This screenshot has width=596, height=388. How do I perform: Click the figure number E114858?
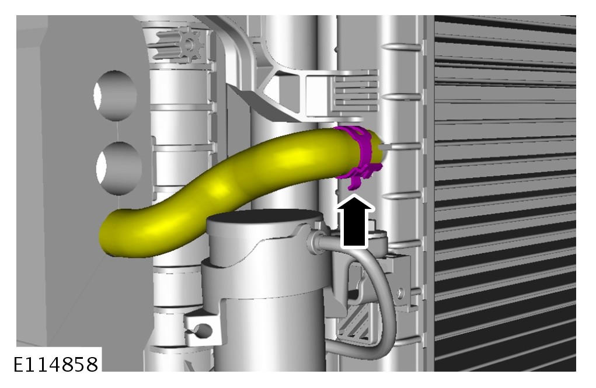point(56,365)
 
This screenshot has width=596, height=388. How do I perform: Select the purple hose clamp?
point(360,156)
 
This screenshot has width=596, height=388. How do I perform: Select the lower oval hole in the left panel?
point(118,167)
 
